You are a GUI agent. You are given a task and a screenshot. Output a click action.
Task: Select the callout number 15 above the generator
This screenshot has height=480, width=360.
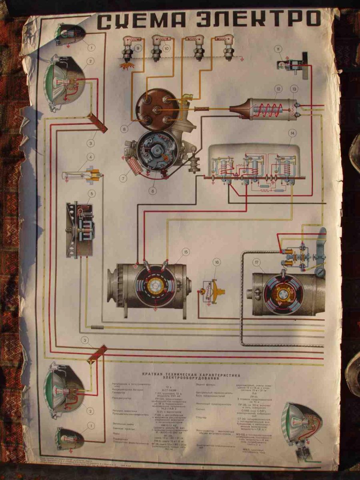[185, 252]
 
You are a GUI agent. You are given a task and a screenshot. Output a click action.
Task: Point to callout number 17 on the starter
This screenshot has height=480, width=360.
[256, 263]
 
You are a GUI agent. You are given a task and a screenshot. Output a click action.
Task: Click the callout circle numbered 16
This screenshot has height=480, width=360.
[216, 262]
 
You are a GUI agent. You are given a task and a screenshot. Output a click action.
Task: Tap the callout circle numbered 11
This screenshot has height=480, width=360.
[278, 49]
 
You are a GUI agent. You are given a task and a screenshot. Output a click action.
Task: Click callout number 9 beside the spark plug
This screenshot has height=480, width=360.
[138, 48]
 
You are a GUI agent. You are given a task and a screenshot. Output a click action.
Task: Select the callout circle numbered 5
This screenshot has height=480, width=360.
[92, 194]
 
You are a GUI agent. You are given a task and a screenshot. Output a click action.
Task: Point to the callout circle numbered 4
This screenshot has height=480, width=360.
[92, 157]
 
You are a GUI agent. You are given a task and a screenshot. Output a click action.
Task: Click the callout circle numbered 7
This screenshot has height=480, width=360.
[124, 178]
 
